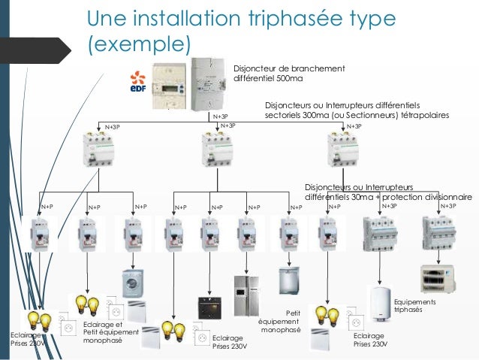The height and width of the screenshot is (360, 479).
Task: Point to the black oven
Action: click(x=209, y=307)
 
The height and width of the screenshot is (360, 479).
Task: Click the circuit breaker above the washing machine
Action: click(x=133, y=234)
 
